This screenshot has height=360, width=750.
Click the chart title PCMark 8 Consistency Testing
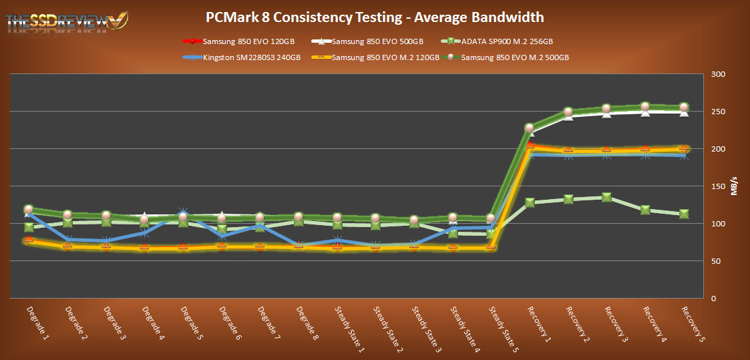[375, 17]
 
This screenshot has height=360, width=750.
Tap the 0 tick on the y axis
[713, 299]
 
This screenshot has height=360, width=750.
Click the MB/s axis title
[734, 186]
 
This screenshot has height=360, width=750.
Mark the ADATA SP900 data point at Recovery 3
[606, 197]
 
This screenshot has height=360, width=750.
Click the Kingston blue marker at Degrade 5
[184, 213]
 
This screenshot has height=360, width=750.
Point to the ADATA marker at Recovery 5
[684, 214]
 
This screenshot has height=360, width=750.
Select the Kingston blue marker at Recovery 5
[684, 156]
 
